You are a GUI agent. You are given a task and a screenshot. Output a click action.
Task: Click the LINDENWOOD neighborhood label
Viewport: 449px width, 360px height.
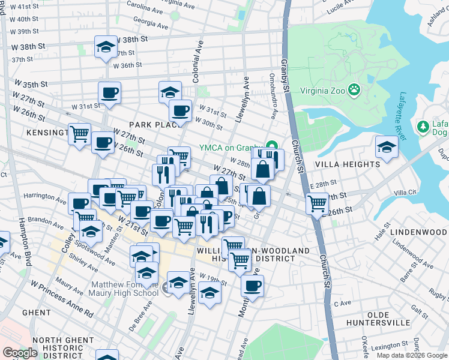[418, 232]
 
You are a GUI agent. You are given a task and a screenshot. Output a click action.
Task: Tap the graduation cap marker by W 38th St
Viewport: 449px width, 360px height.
[106, 47]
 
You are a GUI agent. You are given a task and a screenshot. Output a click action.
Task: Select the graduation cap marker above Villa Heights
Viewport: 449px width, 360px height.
[387, 147]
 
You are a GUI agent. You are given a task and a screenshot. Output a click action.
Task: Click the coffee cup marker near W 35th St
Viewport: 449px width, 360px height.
[110, 93]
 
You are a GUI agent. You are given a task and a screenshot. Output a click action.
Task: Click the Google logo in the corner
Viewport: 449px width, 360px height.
[20, 353]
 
